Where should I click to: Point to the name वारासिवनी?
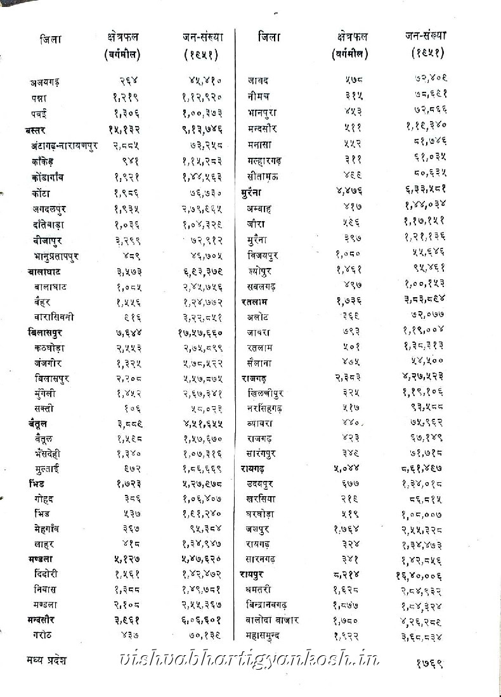[54, 317]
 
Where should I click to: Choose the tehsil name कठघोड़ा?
[49, 348]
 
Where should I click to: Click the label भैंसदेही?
[54, 453]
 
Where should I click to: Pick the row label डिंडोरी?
[50, 574]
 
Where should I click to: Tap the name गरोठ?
[44, 634]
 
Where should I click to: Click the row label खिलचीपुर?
[267, 393]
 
